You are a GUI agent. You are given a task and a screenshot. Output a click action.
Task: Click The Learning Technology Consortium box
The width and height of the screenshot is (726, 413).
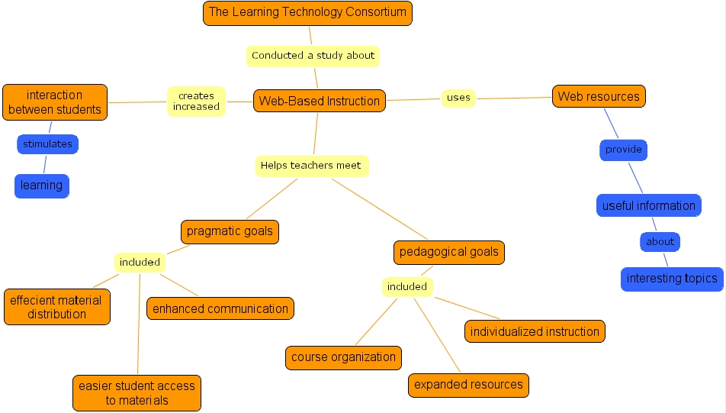coord(307,12)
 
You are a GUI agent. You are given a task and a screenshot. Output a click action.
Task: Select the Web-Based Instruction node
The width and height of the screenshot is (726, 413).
coord(319,101)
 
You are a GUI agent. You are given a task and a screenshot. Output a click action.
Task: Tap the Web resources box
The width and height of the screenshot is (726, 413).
coord(599,96)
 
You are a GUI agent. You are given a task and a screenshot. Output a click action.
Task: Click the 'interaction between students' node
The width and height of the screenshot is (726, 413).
coord(54,102)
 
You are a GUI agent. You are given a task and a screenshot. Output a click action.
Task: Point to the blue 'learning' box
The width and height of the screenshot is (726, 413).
coord(42,186)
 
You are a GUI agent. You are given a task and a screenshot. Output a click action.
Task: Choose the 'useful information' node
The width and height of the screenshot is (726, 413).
coord(648,205)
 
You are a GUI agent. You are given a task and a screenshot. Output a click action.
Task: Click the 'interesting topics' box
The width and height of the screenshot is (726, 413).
coord(671,279)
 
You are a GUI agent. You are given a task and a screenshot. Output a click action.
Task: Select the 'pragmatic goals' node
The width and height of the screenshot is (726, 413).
coord(230,231)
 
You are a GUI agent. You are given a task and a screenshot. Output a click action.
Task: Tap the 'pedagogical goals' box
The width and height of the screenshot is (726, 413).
coord(449,252)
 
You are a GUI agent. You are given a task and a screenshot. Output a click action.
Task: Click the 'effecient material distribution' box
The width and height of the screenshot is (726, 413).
coord(57,307)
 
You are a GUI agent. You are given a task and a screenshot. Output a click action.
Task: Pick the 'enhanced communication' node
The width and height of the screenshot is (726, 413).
coord(220,308)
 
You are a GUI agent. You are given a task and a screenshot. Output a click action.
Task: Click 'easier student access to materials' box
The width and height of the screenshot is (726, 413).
coord(137,393)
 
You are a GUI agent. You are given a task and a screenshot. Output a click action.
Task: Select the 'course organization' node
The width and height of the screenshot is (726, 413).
coord(343,357)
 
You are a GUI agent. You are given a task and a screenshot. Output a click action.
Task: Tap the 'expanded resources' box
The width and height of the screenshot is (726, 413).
coord(468,385)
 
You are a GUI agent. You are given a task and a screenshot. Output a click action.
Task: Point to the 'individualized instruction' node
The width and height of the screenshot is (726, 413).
coord(535,331)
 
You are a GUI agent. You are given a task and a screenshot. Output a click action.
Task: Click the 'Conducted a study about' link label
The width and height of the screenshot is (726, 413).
coord(313,55)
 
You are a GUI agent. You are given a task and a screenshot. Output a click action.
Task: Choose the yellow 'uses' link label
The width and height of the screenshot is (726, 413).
coord(458,97)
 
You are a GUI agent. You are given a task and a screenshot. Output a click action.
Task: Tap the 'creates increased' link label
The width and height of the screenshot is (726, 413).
coord(196,102)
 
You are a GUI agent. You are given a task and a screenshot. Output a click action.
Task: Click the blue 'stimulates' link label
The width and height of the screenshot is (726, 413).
coord(47,144)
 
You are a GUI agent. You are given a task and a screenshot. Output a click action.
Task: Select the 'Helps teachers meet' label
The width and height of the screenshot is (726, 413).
coord(311,165)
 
